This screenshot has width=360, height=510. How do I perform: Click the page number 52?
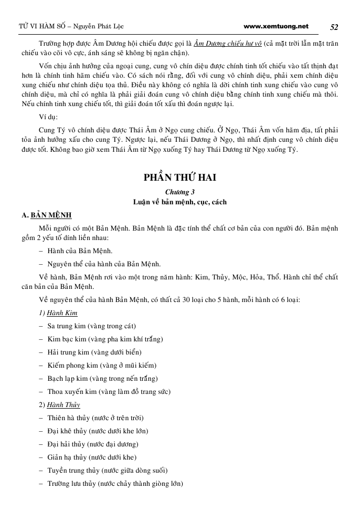point(334,27)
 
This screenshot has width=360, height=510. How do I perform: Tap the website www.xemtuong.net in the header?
point(276,26)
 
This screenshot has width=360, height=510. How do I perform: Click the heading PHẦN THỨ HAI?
point(180,178)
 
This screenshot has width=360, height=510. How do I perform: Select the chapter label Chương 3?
point(180,192)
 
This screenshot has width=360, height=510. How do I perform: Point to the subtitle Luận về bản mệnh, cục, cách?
point(180,202)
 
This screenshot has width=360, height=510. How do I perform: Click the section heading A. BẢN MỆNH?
point(47,215)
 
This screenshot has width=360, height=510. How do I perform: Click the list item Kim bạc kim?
point(105,339)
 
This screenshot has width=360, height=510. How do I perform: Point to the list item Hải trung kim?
point(94,352)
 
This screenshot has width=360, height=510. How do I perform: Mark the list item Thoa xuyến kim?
point(109,391)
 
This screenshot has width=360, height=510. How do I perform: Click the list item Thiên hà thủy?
point(96,418)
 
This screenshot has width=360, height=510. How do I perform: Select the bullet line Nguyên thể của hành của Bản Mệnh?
point(104,264)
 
